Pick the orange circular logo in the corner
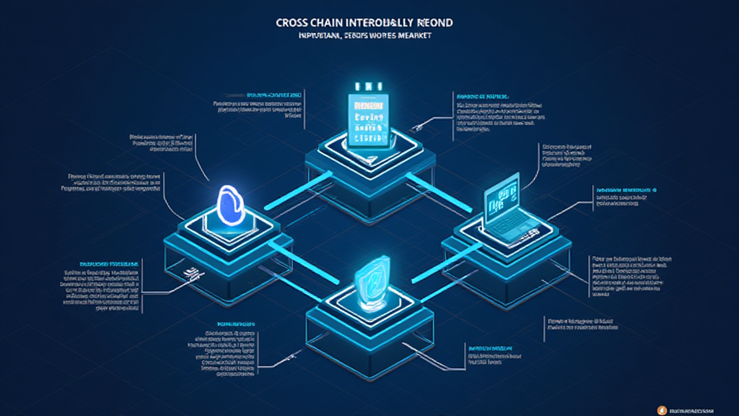(663, 409)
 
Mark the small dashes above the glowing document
(369, 84)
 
